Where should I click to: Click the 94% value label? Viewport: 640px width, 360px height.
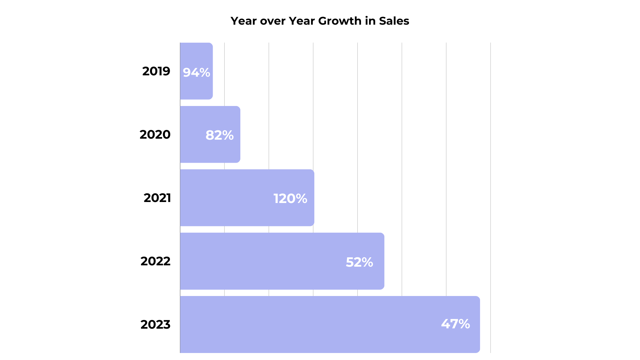click(x=196, y=72)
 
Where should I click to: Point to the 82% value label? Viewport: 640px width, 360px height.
click(x=219, y=135)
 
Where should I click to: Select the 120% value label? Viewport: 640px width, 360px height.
click(x=290, y=198)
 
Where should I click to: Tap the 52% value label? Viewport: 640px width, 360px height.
click(x=359, y=262)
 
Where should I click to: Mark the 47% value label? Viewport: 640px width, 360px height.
click(x=455, y=324)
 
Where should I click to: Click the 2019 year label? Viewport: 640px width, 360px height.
click(x=156, y=71)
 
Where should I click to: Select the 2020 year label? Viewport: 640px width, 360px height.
click(x=155, y=134)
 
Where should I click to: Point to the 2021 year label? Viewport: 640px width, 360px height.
click(x=157, y=198)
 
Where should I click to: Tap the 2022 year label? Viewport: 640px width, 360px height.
click(x=155, y=261)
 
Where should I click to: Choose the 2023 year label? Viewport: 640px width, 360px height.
click(x=155, y=324)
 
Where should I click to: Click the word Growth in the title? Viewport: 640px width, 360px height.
click(x=340, y=21)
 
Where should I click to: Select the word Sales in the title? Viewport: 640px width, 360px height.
click(x=394, y=21)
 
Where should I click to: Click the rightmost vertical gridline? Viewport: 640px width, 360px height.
click(x=490, y=167)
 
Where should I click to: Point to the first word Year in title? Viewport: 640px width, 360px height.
click(x=244, y=21)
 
